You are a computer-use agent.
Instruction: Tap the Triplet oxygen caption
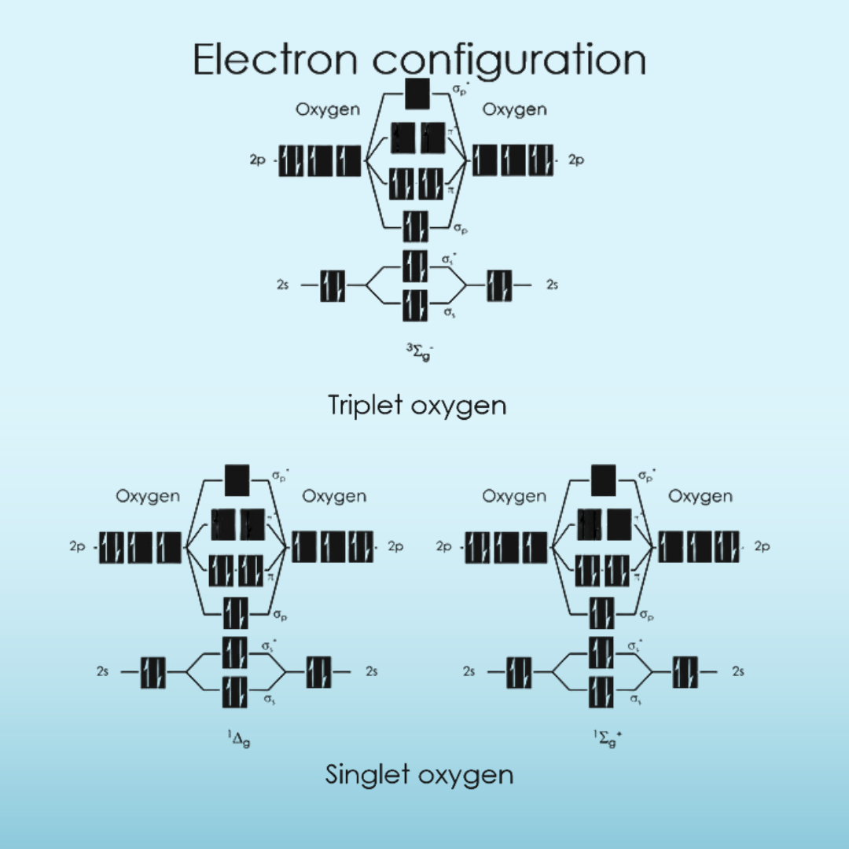pos(417,405)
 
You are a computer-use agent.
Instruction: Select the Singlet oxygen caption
pos(419,774)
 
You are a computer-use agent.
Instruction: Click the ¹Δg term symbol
pos(239,738)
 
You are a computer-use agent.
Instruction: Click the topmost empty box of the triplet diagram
pos(417,94)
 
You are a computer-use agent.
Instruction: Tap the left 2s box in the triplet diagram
pos(333,285)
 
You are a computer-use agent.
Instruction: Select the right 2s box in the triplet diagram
pos(499,285)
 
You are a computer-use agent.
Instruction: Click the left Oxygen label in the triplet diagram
pos(328,110)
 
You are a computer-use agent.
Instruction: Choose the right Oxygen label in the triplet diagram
pos(514,110)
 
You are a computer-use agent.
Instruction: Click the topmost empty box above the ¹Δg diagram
pos(237,480)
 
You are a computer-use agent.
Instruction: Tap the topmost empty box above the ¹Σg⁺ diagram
pos(603,480)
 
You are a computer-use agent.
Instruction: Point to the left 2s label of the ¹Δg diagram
pos(103,672)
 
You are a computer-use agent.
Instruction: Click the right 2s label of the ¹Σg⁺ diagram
pos(737,672)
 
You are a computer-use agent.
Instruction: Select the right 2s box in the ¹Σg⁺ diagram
pos(685,672)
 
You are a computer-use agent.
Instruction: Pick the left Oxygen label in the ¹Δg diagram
pos(148,496)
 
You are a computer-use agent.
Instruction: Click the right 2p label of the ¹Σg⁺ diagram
pos(762,546)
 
